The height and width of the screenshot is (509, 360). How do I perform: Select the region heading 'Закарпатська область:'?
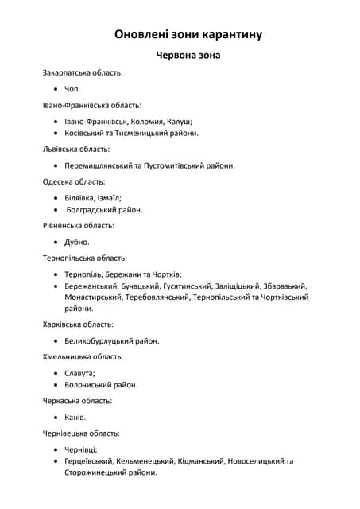(x=83, y=72)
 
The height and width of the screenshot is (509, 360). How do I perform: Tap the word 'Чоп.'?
(x=72, y=89)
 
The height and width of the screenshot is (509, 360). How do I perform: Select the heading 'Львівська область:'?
(x=76, y=149)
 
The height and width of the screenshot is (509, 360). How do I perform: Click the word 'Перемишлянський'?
(x=99, y=165)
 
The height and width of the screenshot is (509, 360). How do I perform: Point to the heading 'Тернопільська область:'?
(x=85, y=258)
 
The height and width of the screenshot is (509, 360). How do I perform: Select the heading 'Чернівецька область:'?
(x=82, y=433)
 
